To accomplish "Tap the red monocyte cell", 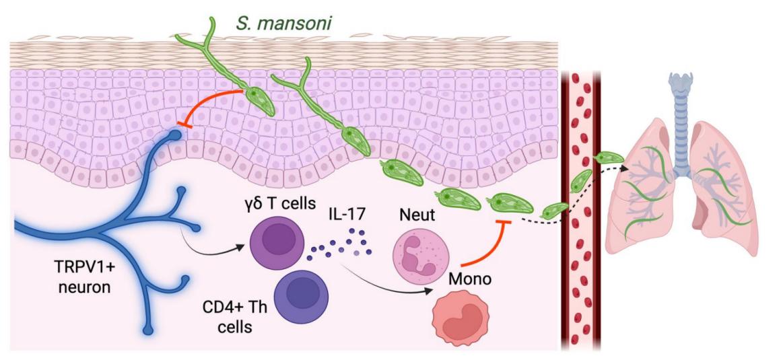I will pos(459,322).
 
